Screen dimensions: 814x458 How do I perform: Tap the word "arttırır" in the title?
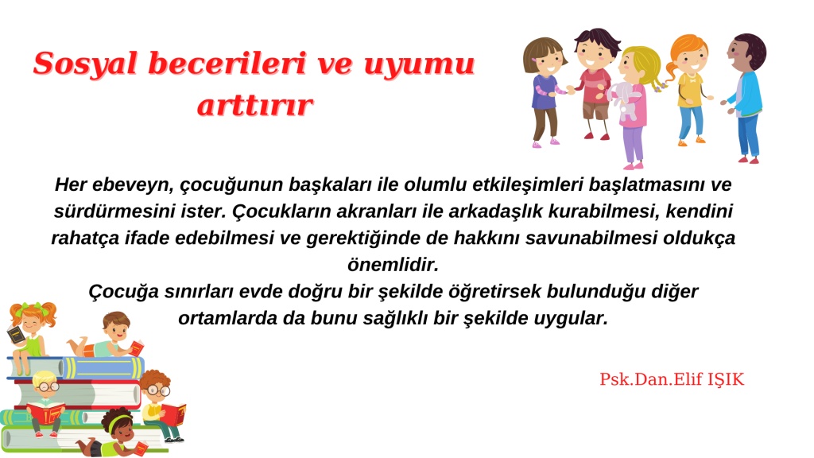pos(255,106)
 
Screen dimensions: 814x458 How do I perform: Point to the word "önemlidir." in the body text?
pos(393,265)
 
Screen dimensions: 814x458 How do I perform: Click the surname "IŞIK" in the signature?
pos(726,379)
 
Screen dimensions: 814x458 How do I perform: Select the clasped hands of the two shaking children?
pos(569,90)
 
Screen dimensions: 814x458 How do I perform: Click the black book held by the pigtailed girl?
pos(16,335)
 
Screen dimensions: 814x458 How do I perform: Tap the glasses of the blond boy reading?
pos(47,386)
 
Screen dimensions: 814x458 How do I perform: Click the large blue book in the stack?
pos(104,368)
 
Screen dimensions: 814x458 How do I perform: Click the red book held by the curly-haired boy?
pos(173,413)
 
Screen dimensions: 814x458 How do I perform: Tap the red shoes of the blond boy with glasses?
pos(46,434)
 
